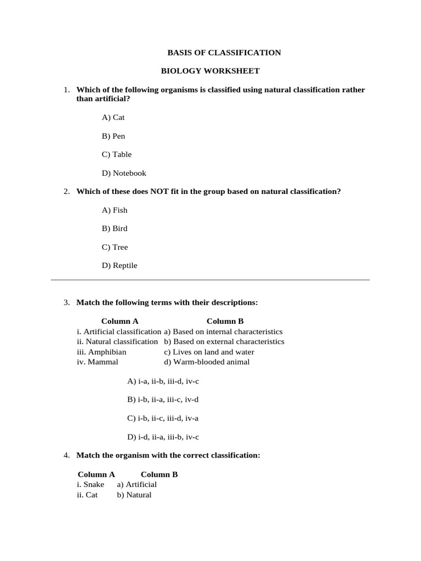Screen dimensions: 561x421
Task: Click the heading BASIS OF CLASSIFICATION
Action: click(224, 53)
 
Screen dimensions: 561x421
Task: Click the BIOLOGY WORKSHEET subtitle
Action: click(210, 71)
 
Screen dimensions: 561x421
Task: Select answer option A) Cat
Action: click(113, 117)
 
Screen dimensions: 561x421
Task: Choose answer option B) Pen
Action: click(113, 136)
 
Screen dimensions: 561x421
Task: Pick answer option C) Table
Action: click(116, 154)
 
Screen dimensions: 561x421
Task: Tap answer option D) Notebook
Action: click(124, 173)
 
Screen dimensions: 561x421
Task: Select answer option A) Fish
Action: click(114, 210)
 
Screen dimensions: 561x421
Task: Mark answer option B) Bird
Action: click(114, 228)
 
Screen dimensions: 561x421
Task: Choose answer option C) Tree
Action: click(115, 247)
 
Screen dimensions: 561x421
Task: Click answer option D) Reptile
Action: click(120, 266)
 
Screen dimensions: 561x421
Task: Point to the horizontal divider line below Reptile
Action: click(210, 280)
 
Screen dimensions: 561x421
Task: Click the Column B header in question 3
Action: click(225, 322)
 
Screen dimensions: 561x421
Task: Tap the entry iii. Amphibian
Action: click(101, 352)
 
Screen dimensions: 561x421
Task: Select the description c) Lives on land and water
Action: click(209, 352)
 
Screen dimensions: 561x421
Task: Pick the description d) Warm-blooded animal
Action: click(207, 362)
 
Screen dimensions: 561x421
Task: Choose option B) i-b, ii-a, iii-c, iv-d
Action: click(163, 399)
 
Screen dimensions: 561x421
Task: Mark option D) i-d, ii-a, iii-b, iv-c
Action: click(163, 437)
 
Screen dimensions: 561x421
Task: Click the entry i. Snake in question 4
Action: click(90, 484)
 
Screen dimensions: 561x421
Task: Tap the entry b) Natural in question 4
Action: click(134, 495)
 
